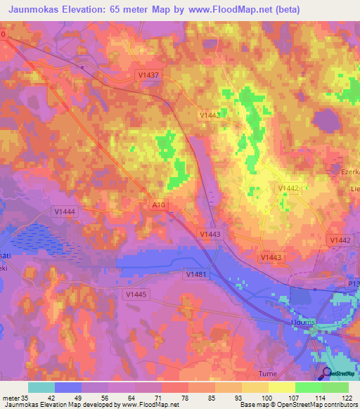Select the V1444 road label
point(64,210)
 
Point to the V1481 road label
point(197,274)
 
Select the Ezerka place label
point(345,171)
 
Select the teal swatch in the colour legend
point(41,387)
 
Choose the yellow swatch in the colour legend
point(281,387)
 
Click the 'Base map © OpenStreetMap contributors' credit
point(297,405)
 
